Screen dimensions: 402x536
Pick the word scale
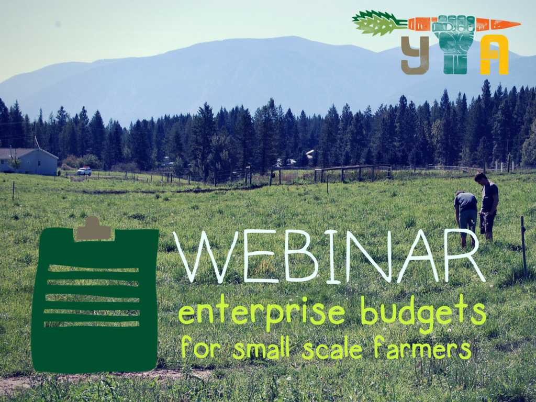point(332,348)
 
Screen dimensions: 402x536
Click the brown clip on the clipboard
point(94,229)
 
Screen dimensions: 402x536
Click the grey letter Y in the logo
point(415,55)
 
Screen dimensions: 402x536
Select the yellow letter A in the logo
point(494,55)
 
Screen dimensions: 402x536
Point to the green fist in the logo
point(453,39)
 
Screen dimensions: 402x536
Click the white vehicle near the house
point(84,171)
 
